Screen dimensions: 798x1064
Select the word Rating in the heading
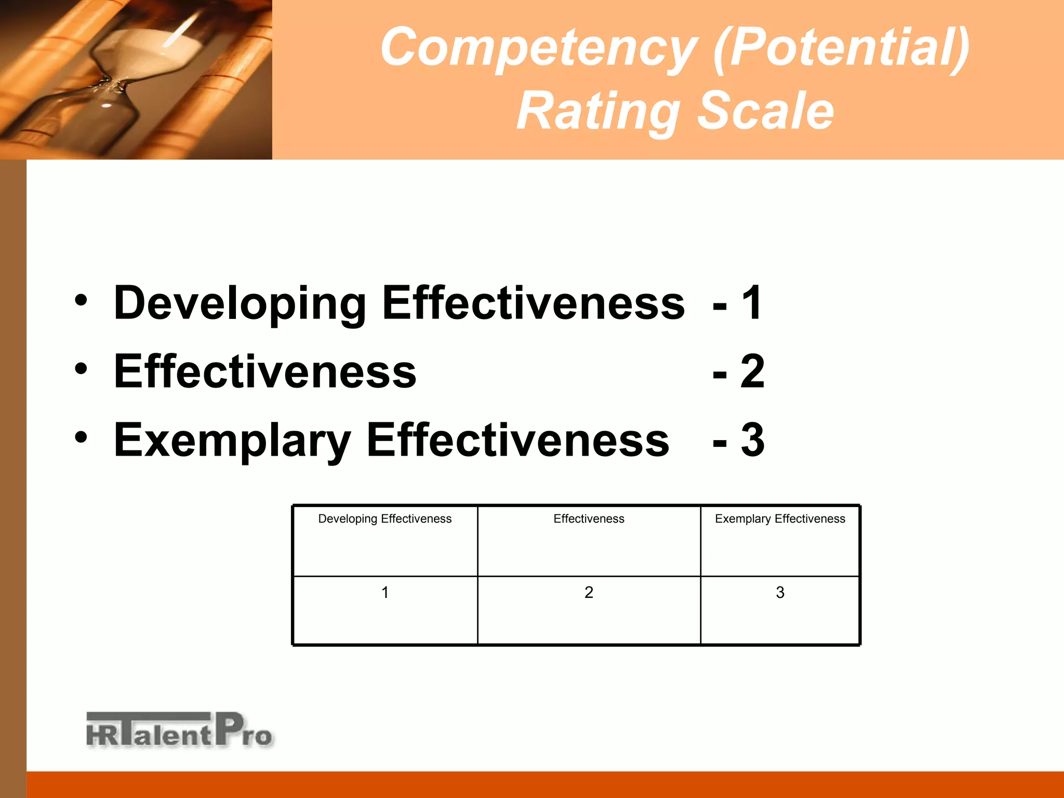click(x=598, y=111)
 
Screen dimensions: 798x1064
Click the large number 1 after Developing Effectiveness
click(x=752, y=303)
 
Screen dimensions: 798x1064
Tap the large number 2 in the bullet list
click(x=752, y=371)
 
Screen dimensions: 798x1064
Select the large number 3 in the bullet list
click(x=752, y=440)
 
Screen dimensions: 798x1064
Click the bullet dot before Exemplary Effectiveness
click(x=81, y=437)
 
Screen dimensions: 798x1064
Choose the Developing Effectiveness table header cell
click(x=384, y=519)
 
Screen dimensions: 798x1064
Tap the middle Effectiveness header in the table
click(x=589, y=519)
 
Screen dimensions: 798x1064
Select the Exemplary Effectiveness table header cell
click(x=780, y=519)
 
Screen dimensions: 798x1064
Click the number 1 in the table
click(x=385, y=592)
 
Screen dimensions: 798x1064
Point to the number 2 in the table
click(x=589, y=592)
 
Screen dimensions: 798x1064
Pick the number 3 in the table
click(x=780, y=592)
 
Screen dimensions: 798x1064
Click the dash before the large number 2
click(x=720, y=374)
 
